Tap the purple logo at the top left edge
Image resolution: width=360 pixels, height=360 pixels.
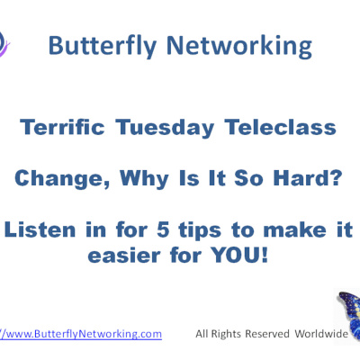pyautogui.click(x=4, y=40)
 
